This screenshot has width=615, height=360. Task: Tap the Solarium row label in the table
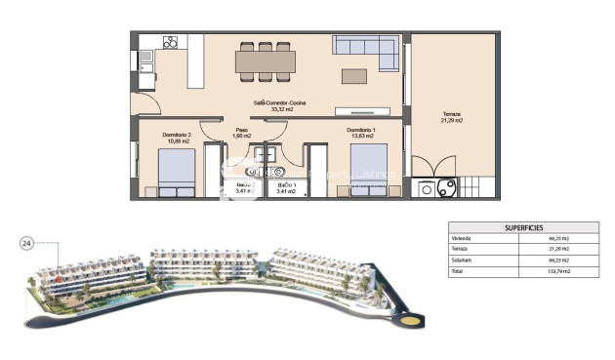(x=462, y=260)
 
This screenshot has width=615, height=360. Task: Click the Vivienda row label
(x=462, y=239)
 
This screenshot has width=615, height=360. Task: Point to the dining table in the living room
(x=265, y=61)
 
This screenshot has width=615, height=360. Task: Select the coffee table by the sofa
(x=354, y=75)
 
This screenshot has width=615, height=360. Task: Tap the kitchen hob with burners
(x=171, y=42)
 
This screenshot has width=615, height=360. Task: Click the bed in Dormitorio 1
(x=369, y=171)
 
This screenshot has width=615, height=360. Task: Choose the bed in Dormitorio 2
(x=177, y=172)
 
